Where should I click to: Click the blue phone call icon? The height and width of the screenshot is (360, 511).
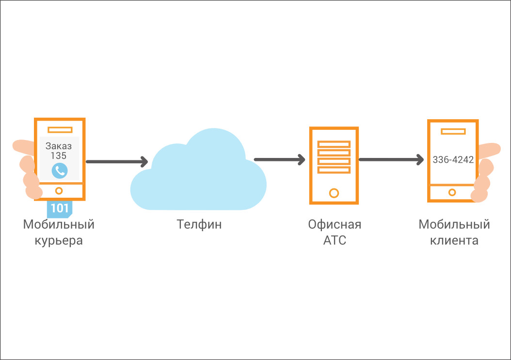pos(59,170)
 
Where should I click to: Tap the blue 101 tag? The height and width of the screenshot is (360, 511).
pos(60,208)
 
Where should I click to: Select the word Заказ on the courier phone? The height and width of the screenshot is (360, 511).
pos(59,145)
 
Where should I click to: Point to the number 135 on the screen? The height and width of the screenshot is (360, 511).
pos(59,156)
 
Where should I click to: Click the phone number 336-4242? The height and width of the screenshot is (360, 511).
pos(453,160)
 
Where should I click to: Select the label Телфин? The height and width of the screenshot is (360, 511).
pos(199,224)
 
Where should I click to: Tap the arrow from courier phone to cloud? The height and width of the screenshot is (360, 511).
pos(116,161)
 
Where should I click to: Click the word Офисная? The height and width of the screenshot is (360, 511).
pos(335,225)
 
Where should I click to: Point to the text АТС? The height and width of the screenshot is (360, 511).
pos(335,240)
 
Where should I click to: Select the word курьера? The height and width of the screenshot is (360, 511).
pos(59,240)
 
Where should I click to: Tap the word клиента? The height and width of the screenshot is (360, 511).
pos(454,240)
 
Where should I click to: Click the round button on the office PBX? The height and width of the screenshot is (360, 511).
pos(334,193)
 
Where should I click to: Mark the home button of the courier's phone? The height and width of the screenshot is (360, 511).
pos(59,190)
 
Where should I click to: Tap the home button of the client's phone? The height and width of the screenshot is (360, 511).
pos(452,192)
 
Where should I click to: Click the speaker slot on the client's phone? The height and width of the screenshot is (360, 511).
pos(453,131)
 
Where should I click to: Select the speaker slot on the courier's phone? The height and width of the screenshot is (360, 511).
pos(60,129)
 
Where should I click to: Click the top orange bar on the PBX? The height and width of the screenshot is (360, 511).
pos(334,144)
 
